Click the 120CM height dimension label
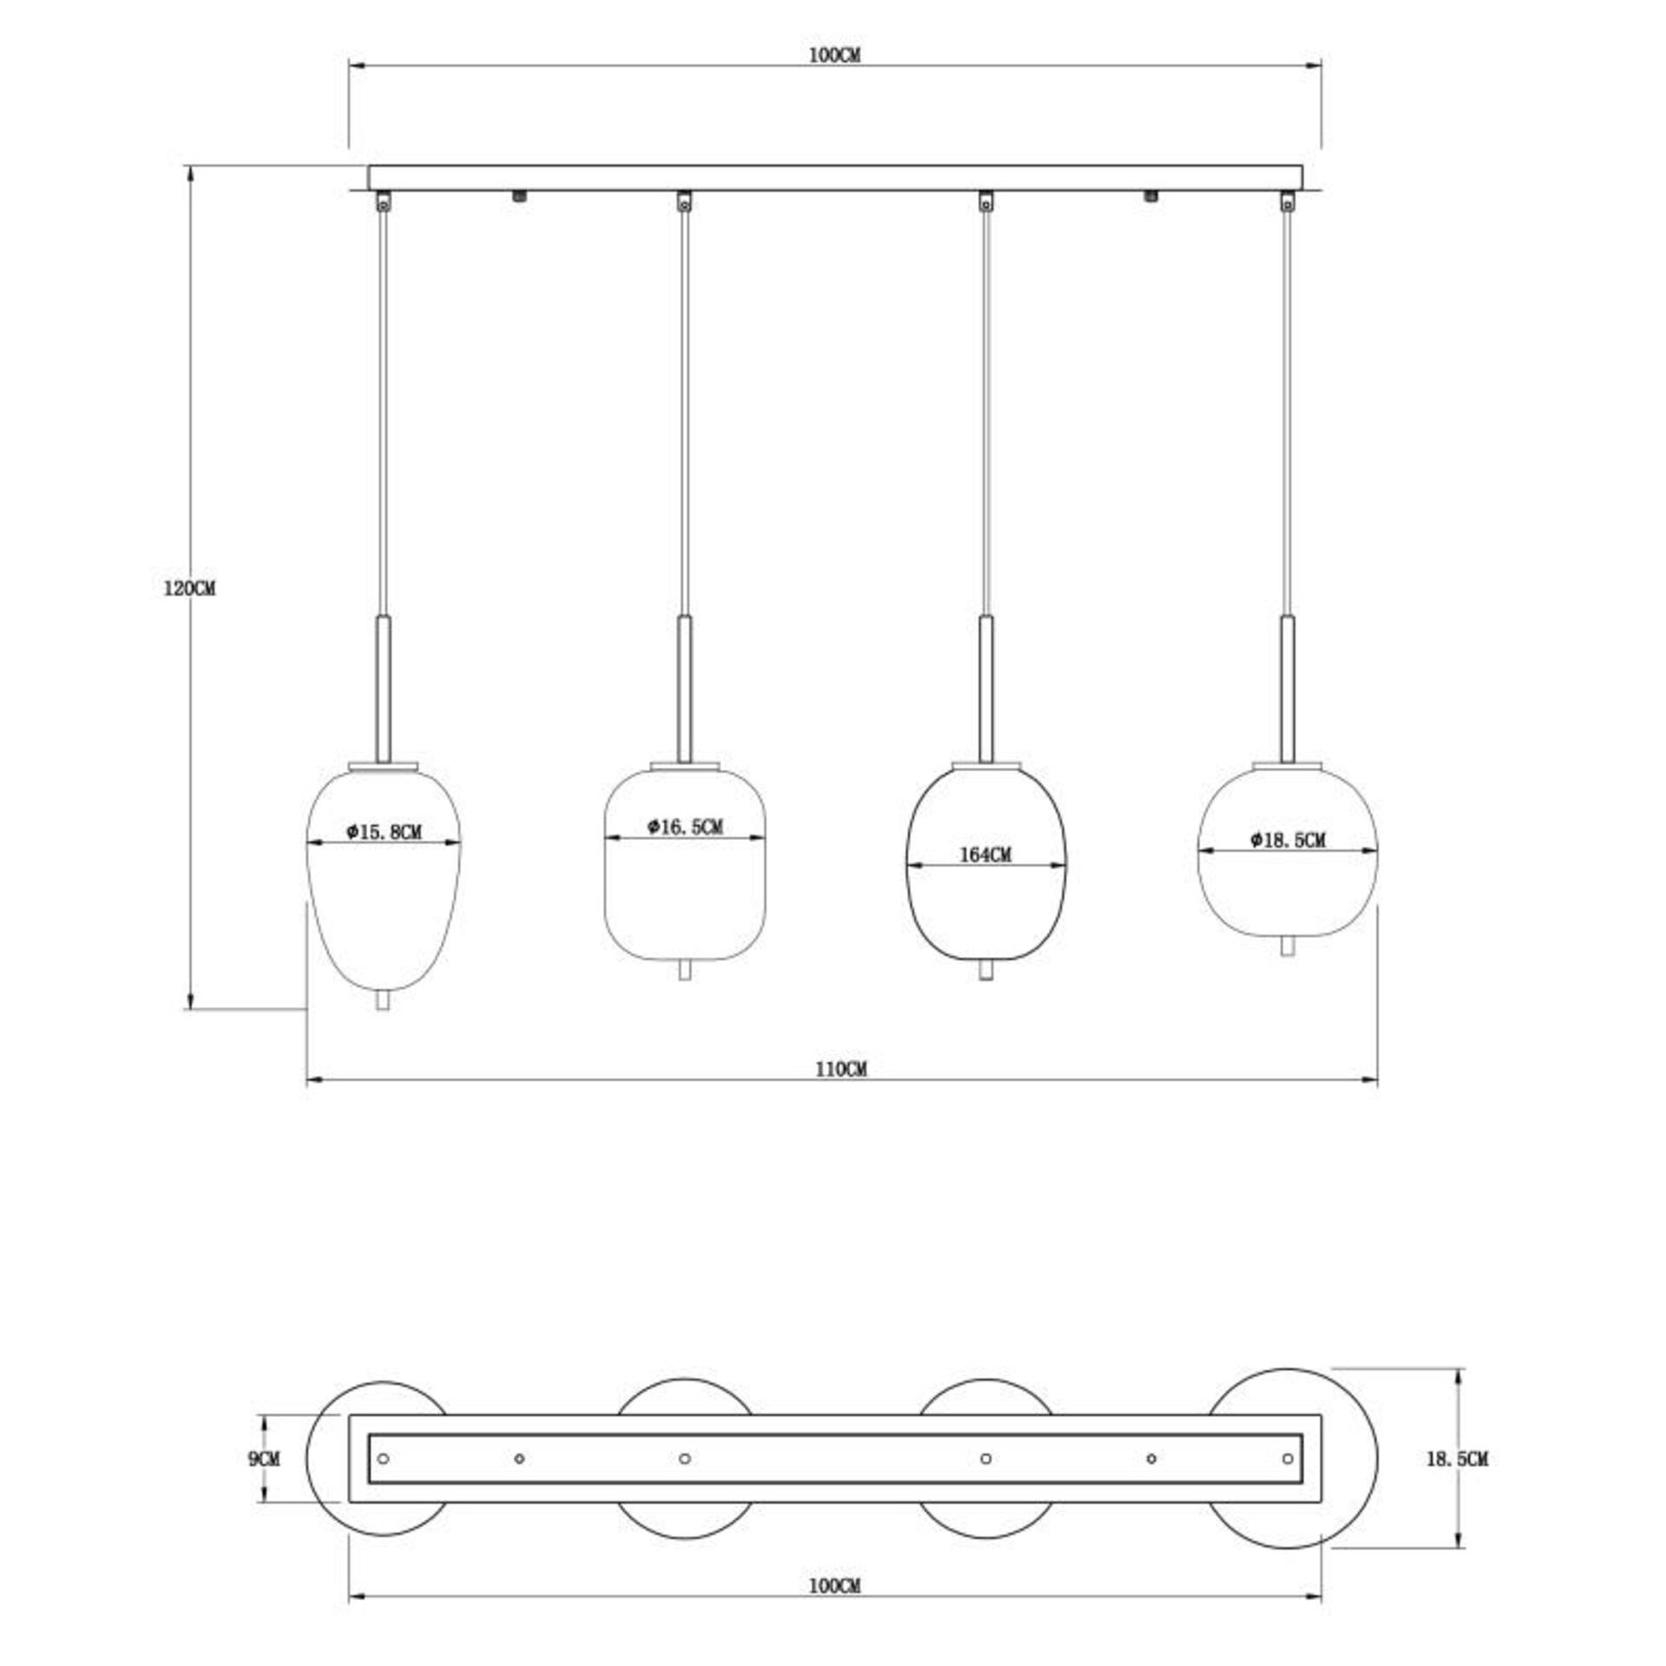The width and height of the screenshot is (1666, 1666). point(189,588)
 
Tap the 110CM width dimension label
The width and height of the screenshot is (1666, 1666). point(840,1070)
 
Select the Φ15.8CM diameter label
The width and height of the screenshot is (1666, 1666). point(384,832)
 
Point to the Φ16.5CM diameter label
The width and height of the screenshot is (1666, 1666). point(685,827)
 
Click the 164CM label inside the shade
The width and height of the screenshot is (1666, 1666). point(985,855)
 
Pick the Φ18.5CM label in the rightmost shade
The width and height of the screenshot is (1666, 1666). point(1288,840)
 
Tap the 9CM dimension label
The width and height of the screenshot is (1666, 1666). point(264,1459)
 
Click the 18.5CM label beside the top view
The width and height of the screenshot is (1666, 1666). point(1457,1459)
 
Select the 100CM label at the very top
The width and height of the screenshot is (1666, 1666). point(835,56)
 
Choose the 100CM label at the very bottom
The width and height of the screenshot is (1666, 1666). point(835,1586)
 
